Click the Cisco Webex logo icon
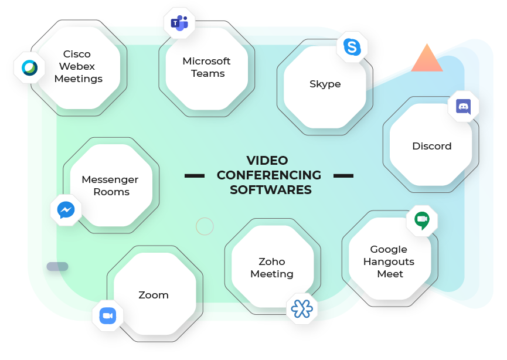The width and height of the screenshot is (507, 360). [x=29, y=67]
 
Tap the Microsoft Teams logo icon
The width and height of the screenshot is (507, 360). [x=179, y=23]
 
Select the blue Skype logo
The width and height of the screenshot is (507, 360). [x=352, y=47]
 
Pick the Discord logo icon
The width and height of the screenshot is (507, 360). [x=463, y=106]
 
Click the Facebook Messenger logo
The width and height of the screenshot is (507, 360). [x=66, y=210]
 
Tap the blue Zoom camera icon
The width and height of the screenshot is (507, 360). [x=108, y=315]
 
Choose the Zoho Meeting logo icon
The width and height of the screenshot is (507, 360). [x=302, y=308]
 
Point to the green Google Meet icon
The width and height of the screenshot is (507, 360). [x=422, y=220]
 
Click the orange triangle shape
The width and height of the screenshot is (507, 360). [x=427, y=57]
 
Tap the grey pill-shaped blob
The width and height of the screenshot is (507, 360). [x=57, y=266]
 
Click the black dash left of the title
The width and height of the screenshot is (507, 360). [x=195, y=176]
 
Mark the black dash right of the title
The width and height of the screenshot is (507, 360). [x=343, y=176]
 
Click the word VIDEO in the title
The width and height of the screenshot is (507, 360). [x=267, y=161]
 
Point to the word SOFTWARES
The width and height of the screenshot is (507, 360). [x=271, y=190]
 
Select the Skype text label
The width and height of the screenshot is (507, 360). [x=325, y=84]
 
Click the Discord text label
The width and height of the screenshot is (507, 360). [x=432, y=146]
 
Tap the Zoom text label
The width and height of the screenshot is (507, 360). [x=154, y=295]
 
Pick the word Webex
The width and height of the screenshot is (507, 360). [x=77, y=66]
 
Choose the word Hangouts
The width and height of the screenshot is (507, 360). [x=389, y=261]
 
